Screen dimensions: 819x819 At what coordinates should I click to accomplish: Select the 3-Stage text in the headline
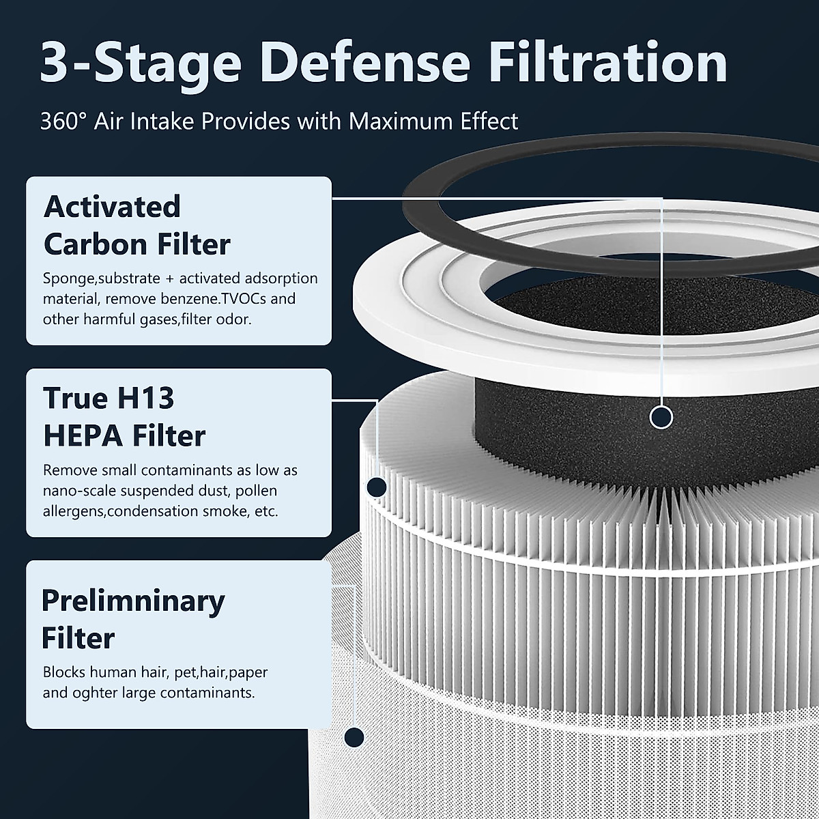[141, 63]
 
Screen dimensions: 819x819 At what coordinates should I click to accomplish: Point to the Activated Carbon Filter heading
[136, 225]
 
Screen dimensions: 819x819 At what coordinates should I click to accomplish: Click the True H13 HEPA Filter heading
[124, 417]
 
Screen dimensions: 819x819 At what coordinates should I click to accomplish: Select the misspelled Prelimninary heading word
[132, 601]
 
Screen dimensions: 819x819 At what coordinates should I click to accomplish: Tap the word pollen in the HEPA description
[259, 491]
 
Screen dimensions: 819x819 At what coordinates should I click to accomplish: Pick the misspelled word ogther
[98, 693]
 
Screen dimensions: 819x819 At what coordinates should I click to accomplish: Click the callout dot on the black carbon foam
[661, 416]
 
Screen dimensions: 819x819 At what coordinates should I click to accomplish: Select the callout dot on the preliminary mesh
[354, 736]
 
